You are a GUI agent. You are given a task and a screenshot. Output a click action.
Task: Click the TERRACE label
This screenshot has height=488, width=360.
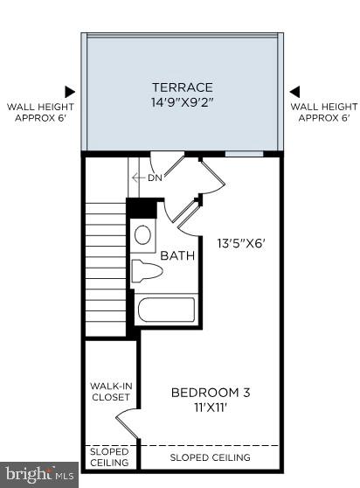point(183,87)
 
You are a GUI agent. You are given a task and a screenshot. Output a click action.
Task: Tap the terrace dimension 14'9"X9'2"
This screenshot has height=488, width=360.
point(183,101)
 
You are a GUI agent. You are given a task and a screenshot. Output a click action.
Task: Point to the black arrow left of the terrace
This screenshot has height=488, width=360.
point(70,90)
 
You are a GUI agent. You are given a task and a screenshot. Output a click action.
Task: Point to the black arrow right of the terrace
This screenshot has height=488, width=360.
point(294,90)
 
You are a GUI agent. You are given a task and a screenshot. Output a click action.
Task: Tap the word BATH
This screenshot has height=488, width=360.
point(177,255)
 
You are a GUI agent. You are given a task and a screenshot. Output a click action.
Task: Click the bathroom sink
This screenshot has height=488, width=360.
point(143,234)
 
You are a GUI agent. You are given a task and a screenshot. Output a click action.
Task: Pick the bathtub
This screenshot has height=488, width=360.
point(165,310)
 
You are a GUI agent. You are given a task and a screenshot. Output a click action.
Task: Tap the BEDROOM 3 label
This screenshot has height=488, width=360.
point(210,393)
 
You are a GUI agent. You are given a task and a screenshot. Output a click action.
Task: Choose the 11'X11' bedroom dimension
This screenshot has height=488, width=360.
point(210,407)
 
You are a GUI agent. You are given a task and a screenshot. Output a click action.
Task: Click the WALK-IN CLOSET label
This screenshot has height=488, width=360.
point(111,391)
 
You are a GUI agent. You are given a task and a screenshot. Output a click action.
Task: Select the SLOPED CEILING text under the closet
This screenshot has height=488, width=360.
point(109,457)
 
